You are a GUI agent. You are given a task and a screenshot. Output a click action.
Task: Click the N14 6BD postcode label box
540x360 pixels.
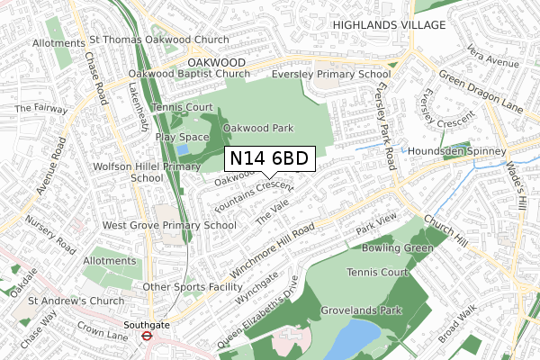tap(269, 159)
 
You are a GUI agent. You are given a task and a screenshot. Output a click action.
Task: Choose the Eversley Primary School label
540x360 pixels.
tap(310, 76)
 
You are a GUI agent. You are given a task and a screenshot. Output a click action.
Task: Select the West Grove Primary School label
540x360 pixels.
tap(169, 225)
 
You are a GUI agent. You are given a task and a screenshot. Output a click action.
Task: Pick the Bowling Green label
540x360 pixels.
tap(398, 247)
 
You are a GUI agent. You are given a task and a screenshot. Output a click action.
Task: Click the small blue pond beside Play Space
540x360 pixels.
tap(184, 149)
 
